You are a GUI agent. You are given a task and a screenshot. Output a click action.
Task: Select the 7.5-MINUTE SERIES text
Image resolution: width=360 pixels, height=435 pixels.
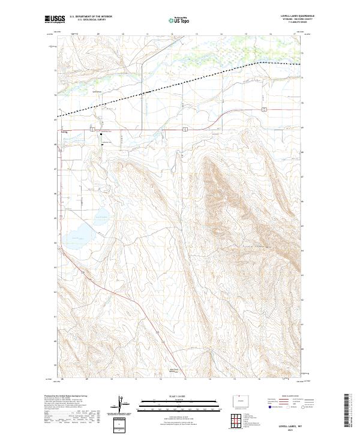tap(298, 23)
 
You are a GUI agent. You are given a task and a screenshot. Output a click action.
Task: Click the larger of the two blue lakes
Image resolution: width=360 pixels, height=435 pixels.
tap(77, 235)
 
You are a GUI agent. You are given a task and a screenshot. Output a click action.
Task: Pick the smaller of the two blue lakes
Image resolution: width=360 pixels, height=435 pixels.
tap(100, 214)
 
